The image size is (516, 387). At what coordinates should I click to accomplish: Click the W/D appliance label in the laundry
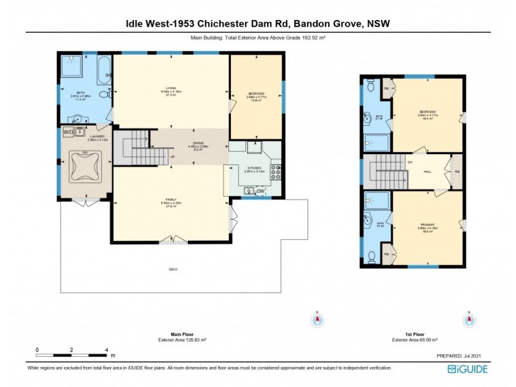point(68,133)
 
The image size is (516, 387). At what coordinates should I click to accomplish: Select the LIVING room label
point(171,89)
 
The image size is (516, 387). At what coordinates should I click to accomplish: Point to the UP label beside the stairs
point(172,157)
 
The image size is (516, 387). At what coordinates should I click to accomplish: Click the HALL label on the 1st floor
point(427,172)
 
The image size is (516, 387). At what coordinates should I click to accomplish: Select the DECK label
point(173,269)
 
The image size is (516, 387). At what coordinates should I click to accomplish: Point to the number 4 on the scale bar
point(106,350)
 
